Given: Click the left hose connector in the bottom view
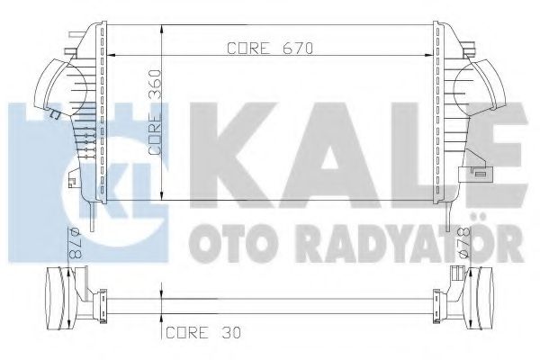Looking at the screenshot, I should pos(54,296).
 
